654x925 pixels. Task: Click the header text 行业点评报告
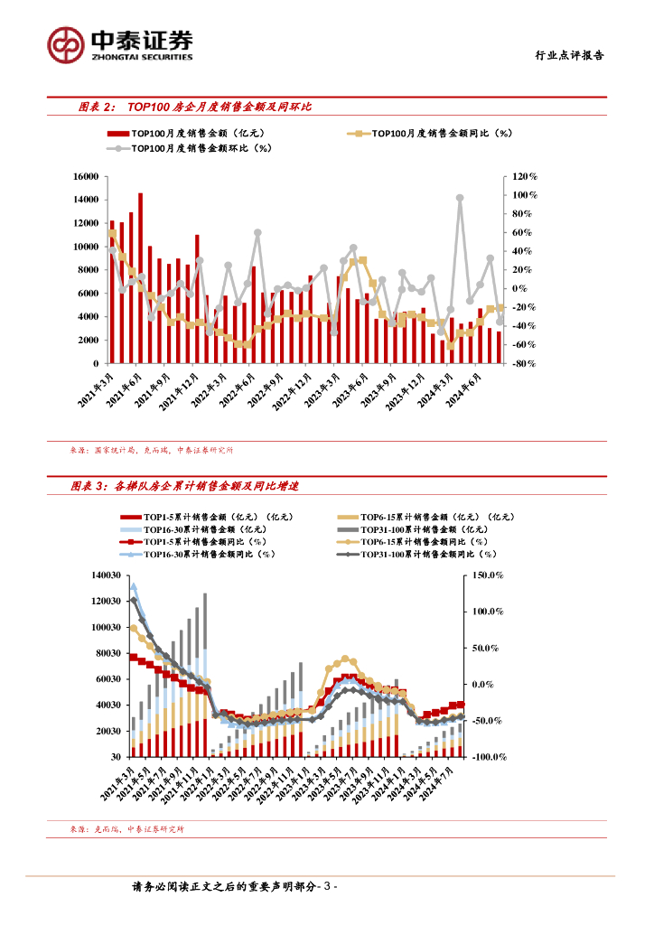pos(566,55)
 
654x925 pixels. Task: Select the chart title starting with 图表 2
pos(194,107)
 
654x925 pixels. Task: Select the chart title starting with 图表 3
pos(184,486)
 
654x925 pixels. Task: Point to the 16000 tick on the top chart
pos(86,177)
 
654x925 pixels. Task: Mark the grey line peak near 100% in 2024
pos(460,198)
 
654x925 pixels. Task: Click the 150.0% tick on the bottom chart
pos(488,575)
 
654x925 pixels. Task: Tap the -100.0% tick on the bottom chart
pos(486,757)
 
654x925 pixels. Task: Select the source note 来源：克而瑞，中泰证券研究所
pos(126,828)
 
